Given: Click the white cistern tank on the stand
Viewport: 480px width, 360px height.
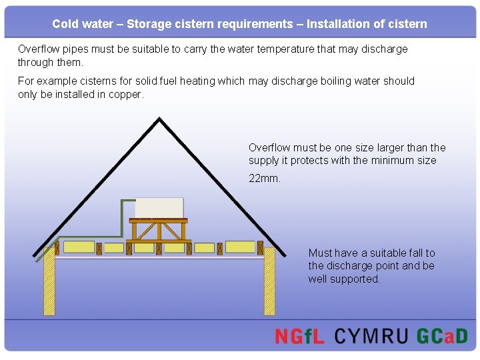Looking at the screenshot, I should click(x=159, y=207).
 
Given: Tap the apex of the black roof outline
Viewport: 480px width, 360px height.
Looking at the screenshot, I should click(x=159, y=120).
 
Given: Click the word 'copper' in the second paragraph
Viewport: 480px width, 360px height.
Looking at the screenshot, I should click(x=125, y=94).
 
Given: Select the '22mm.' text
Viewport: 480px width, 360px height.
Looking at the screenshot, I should click(x=265, y=179).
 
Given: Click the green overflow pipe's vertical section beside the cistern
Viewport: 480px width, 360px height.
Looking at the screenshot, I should click(x=121, y=217).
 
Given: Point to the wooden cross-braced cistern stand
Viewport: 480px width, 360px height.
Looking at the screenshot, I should click(x=160, y=230).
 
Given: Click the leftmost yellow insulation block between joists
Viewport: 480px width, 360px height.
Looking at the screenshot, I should click(x=79, y=247).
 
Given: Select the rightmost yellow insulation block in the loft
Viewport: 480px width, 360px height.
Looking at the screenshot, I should click(x=240, y=247).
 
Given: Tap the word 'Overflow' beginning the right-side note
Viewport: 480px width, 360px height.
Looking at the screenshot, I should click(x=270, y=147).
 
